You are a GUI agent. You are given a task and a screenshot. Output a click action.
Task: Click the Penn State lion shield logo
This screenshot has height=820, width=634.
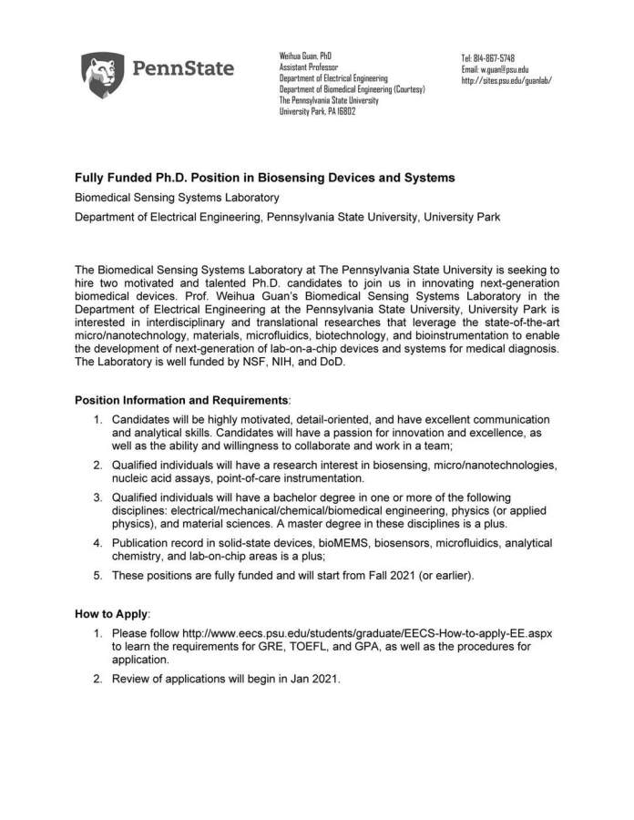click(102, 74)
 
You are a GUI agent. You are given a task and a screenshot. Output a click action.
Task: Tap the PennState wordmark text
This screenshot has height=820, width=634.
click(183, 68)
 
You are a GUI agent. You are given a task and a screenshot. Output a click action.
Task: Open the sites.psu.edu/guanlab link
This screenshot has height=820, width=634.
click(506, 80)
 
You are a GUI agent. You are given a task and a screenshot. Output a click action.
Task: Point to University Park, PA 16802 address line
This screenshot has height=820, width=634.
click(317, 111)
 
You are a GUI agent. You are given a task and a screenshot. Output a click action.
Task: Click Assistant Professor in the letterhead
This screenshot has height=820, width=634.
click(308, 67)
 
